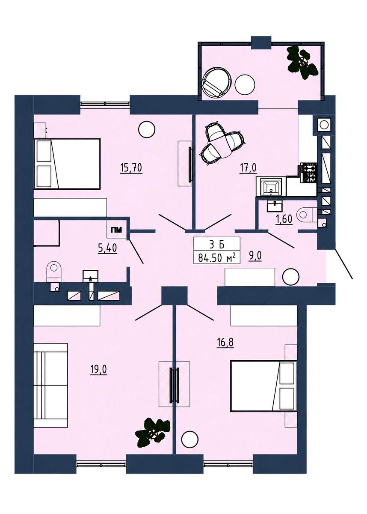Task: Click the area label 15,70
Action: point(131,167)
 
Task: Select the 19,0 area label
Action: point(98,370)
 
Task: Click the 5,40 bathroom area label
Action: point(107,248)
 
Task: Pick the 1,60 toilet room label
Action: point(284,219)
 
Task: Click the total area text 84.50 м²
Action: point(216,258)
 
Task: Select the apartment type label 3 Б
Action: point(216,245)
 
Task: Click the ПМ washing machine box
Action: point(117,230)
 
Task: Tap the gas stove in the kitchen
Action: point(307,172)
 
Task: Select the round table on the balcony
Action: point(245,84)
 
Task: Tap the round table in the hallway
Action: point(291,277)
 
